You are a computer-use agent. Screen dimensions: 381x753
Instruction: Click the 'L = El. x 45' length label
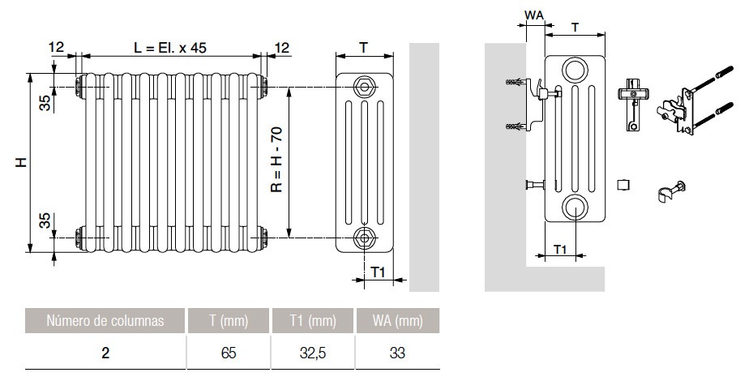170,48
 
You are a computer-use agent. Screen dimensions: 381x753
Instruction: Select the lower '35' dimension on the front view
46,220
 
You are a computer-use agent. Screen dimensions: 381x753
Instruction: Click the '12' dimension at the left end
55,48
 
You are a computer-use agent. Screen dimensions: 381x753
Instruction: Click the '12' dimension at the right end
281,48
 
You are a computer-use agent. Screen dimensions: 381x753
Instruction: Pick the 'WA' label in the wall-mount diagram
534,15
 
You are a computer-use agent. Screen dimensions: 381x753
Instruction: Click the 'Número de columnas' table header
105,321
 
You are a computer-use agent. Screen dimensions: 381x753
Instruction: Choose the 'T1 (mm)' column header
312,321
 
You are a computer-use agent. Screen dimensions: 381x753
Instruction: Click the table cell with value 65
229,353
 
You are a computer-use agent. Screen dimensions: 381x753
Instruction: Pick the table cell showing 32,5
312,353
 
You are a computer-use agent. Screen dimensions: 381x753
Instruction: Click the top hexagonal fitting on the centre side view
363,86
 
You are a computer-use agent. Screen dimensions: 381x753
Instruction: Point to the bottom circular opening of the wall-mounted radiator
575,206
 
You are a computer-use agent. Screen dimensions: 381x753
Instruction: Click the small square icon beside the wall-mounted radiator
623,185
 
